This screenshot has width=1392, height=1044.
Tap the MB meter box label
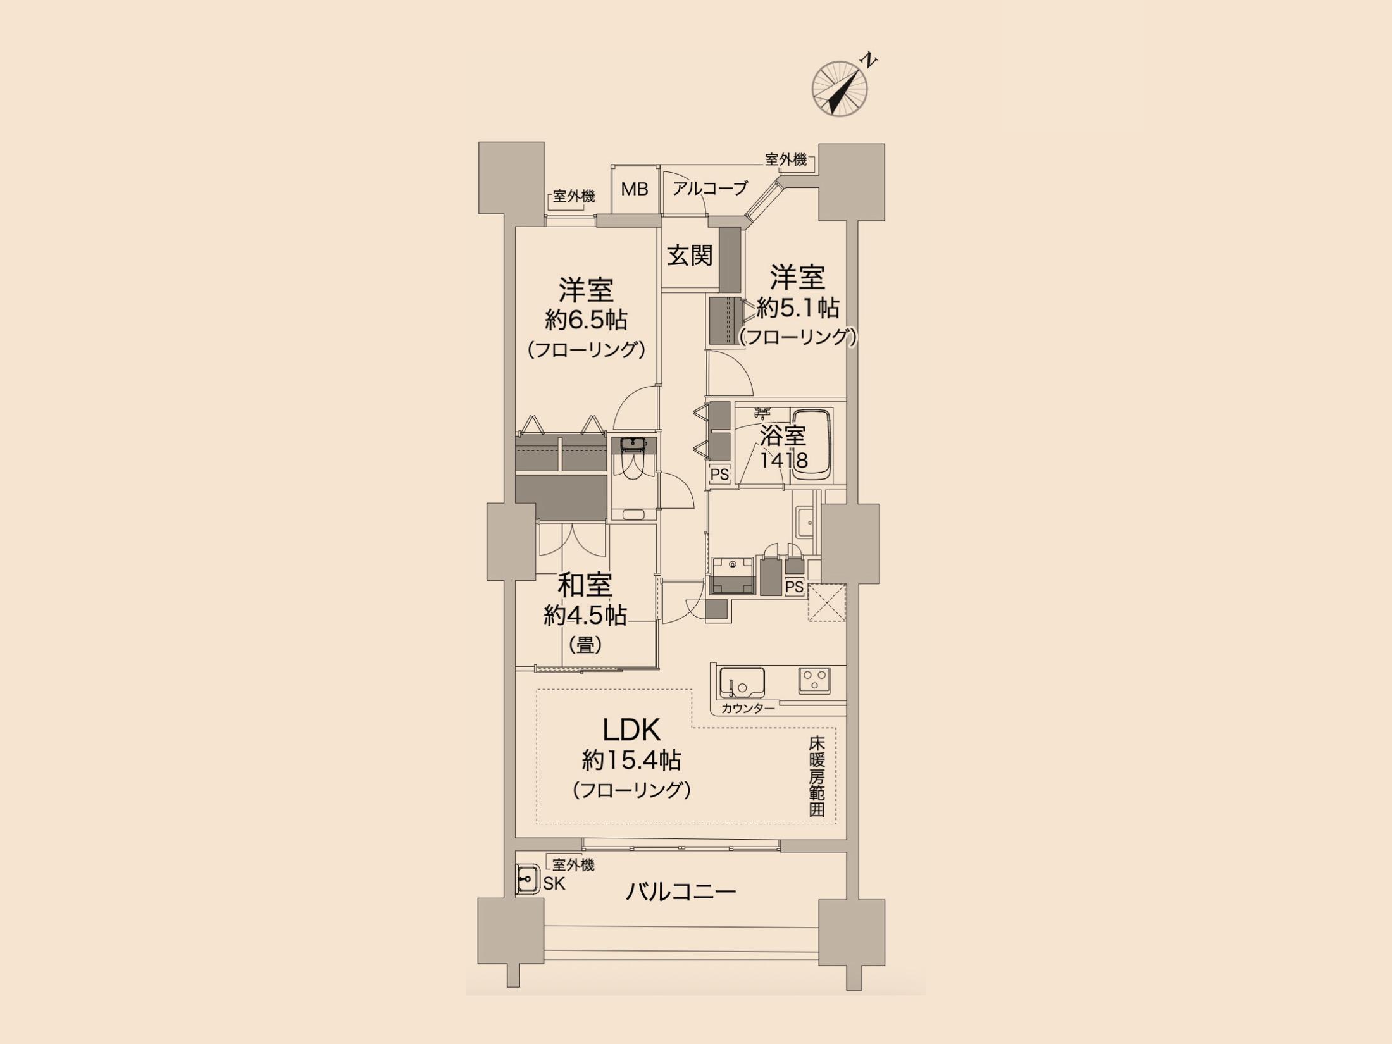coord(635,189)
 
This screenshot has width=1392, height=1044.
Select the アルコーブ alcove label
coord(710,188)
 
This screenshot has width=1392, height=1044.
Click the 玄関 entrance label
coord(690,256)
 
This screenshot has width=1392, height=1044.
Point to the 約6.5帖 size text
coord(586,320)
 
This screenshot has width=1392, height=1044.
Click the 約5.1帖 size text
coord(798,308)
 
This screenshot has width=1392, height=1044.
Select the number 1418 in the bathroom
coord(783,460)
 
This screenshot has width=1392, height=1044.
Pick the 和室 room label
coord(585,585)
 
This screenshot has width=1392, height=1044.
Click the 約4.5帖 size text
coord(585,615)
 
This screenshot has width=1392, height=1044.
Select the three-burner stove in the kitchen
coord(814,681)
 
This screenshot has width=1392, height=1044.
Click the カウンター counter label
coord(748,708)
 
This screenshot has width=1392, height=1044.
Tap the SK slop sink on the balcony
coord(528,879)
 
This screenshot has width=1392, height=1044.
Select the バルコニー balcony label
coord(681,892)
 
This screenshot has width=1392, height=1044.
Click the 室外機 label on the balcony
coord(573,865)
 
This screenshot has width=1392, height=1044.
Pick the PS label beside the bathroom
coord(719,474)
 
